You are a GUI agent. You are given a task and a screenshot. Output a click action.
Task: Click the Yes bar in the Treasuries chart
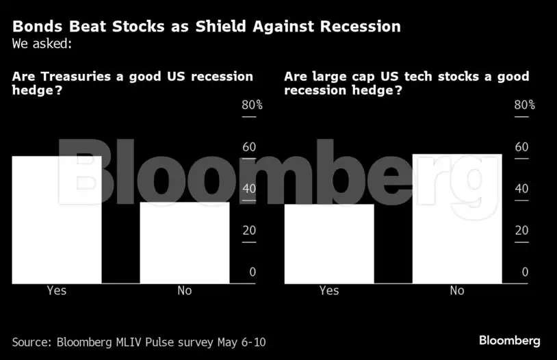[x=57, y=219]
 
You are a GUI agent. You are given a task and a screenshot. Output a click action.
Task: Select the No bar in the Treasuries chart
[x=185, y=242]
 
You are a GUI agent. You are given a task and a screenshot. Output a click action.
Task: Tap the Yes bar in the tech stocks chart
[x=329, y=244]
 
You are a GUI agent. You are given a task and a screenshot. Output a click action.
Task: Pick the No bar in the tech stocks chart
[x=457, y=218]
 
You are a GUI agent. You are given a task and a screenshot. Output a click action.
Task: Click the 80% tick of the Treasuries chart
[x=251, y=105]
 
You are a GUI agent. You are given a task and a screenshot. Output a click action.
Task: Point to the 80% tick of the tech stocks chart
[x=523, y=105]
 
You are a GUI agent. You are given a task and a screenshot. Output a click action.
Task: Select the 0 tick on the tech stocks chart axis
[x=525, y=272]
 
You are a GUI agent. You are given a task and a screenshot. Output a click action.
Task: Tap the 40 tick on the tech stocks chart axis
[x=522, y=189]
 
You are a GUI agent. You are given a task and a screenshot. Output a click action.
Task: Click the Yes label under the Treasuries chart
[x=57, y=291]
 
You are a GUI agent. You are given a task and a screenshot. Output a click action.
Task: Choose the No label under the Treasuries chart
[x=185, y=291]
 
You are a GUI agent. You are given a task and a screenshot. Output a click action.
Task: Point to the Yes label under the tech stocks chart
[x=329, y=291]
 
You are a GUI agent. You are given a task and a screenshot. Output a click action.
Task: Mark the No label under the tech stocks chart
[x=457, y=291]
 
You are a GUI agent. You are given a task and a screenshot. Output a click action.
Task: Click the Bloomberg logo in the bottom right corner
[x=509, y=340]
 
